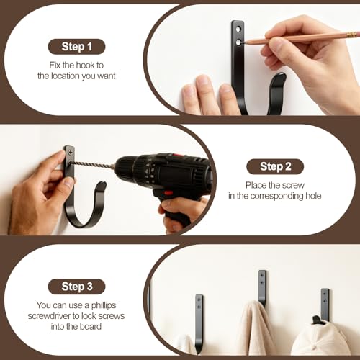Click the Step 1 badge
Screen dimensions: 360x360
point(76,47)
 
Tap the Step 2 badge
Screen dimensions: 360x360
point(275,166)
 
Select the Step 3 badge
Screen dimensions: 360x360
point(76,287)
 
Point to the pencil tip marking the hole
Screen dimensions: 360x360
point(243,43)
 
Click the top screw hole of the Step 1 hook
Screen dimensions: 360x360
point(238,30)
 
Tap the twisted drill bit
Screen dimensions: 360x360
point(92,165)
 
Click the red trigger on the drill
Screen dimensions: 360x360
point(168,192)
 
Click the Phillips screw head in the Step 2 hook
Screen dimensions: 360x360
point(70,152)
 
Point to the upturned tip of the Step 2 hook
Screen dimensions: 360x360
point(102,184)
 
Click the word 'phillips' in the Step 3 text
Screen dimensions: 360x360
point(104,305)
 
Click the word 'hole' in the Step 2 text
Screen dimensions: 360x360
point(313,196)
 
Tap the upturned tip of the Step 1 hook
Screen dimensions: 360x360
point(280,78)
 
